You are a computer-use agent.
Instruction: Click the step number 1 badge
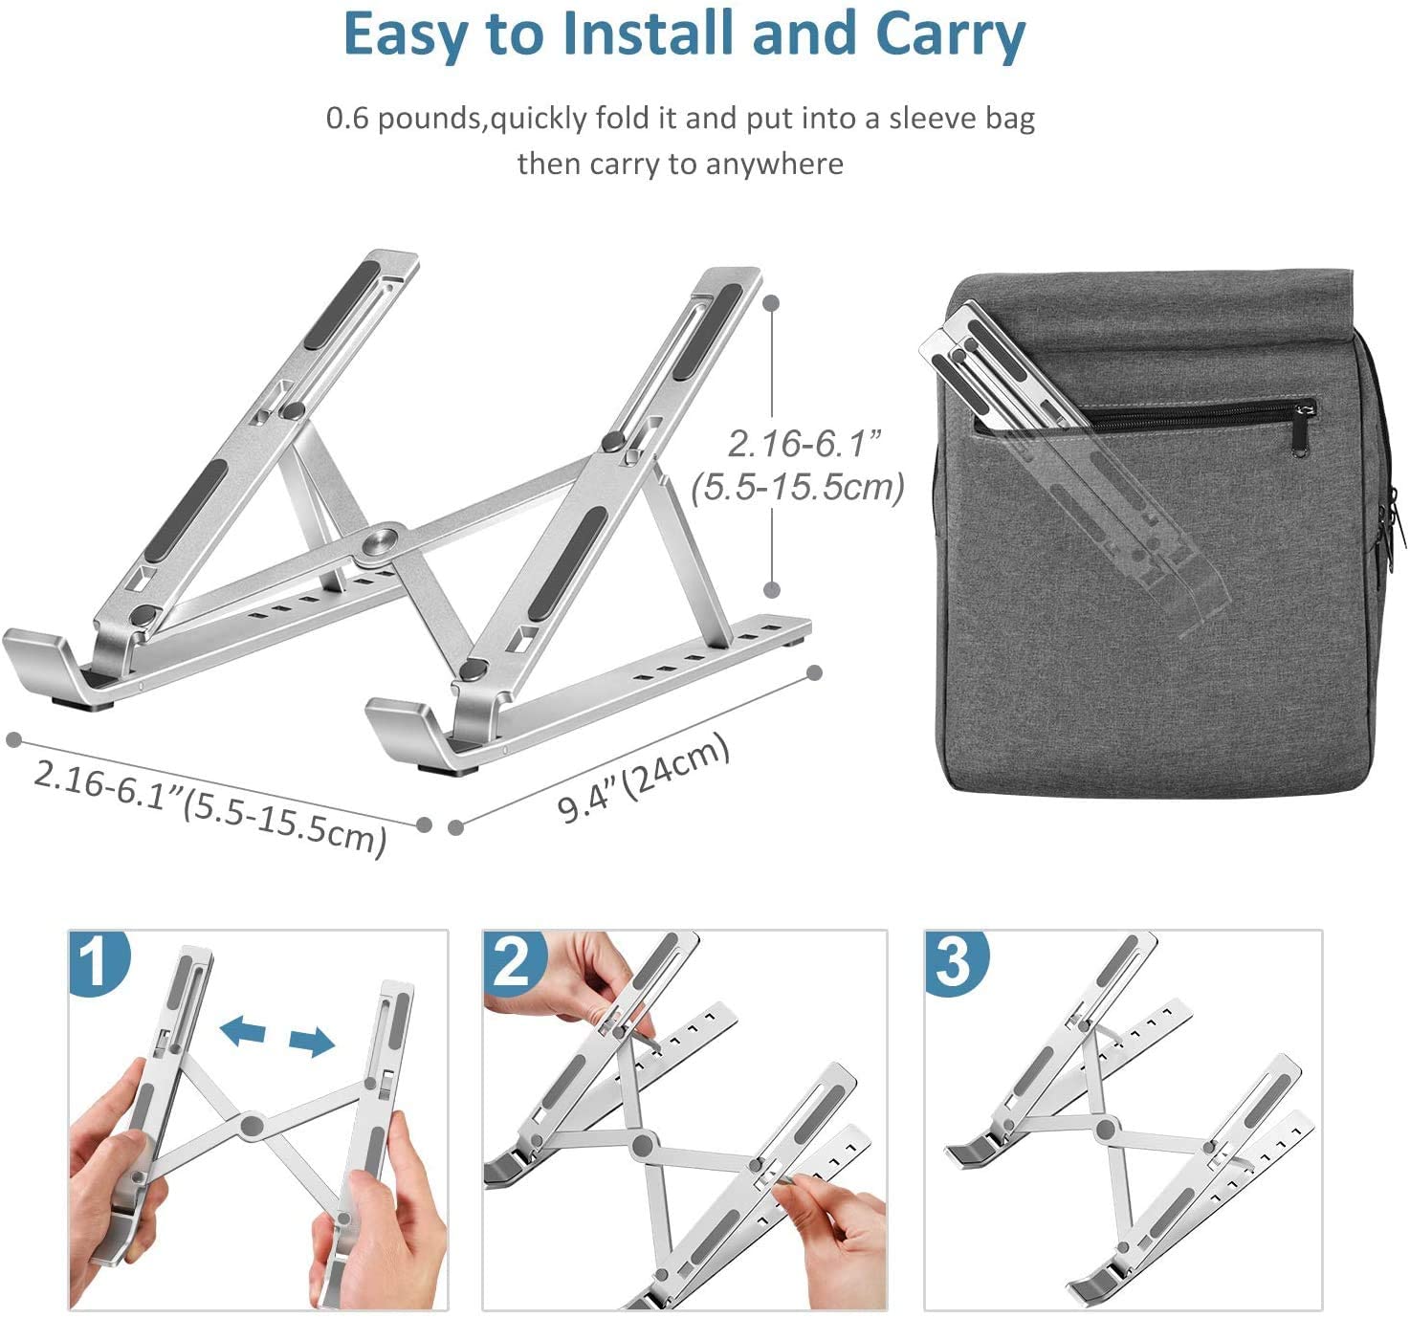[x=96, y=961]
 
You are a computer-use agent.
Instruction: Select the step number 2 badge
[x=513, y=961]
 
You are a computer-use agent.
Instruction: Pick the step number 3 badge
[x=954, y=960]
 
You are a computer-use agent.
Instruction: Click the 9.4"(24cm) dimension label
[x=643, y=779]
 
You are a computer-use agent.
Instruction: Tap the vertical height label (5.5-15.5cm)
[x=798, y=488]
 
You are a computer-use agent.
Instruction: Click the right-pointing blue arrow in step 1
[x=313, y=1042]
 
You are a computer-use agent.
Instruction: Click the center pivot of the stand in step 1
[x=253, y=1125]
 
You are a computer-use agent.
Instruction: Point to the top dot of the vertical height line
[x=772, y=302]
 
